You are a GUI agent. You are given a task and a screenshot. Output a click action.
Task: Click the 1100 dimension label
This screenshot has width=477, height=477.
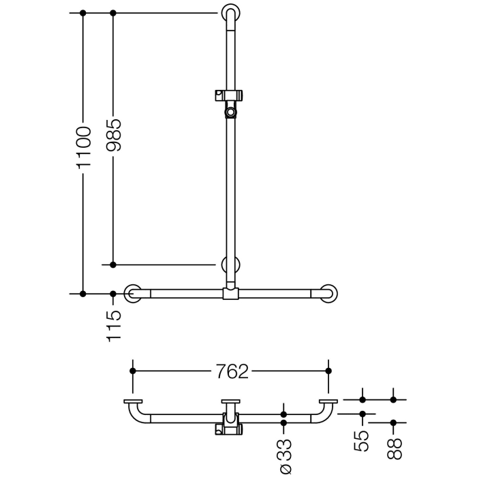coord(83,147)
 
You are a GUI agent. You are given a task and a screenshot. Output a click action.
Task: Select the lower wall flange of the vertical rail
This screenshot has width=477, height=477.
coord(230,265)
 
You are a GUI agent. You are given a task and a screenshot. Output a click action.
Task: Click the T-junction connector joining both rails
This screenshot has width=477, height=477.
coord(230,294)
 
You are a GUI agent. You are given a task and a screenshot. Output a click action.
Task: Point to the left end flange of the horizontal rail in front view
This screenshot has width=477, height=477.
coord(132,293)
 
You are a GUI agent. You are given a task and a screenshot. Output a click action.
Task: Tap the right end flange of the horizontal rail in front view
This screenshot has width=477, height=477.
coord(329,293)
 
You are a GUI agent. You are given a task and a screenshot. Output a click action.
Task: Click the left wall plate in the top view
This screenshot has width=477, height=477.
coord(132,401)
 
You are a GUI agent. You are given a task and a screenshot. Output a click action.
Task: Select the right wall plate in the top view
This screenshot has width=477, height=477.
coord(328,401)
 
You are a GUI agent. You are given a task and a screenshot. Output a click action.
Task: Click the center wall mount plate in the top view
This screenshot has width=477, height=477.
coord(230,401)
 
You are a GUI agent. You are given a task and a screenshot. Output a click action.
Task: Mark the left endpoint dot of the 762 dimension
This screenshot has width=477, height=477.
coord(133,371)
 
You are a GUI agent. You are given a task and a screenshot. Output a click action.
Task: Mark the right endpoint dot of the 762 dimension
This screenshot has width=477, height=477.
coord(328,371)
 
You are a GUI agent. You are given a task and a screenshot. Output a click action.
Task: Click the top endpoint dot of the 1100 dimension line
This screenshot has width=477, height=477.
coord(83,13)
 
